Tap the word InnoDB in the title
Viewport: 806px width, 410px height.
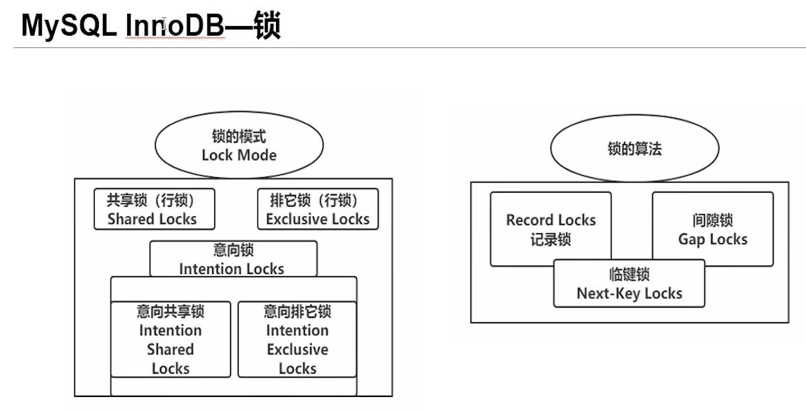[175, 25]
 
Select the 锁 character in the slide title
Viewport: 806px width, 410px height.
[268, 25]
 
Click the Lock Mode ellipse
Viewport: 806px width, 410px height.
[239, 146]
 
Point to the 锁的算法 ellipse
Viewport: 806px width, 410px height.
[634, 149]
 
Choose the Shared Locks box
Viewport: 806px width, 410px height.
[154, 209]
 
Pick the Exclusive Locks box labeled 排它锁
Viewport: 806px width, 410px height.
[317, 209]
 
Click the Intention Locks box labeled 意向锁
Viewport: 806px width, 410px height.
[233, 259]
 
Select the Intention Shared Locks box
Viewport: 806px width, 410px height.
[170, 339]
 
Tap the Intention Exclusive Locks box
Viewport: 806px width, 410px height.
[297, 339]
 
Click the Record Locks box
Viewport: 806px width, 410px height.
[551, 229]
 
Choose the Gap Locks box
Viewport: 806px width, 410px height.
[713, 229]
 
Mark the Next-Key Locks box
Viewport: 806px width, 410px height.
[629, 283]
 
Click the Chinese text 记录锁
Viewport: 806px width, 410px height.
[551, 240]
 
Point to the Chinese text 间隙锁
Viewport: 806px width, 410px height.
[713, 220]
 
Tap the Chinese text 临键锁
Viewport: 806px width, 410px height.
[629, 275]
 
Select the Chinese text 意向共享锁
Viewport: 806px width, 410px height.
[170, 311]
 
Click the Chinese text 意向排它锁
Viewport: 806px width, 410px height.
[297, 311]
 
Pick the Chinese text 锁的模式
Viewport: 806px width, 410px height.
[239, 137]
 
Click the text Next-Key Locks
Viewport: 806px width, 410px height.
[629, 293]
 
